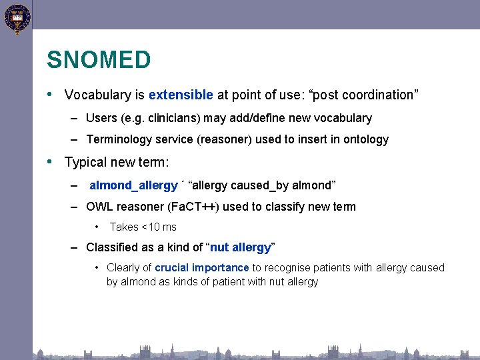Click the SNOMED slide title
[99, 60]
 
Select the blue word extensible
[181, 95]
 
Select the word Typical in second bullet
[85, 162]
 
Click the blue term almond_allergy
[133, 185]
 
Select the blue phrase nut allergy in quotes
[240, 247]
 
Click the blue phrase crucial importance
[202, 267]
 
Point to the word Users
[101, 118]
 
